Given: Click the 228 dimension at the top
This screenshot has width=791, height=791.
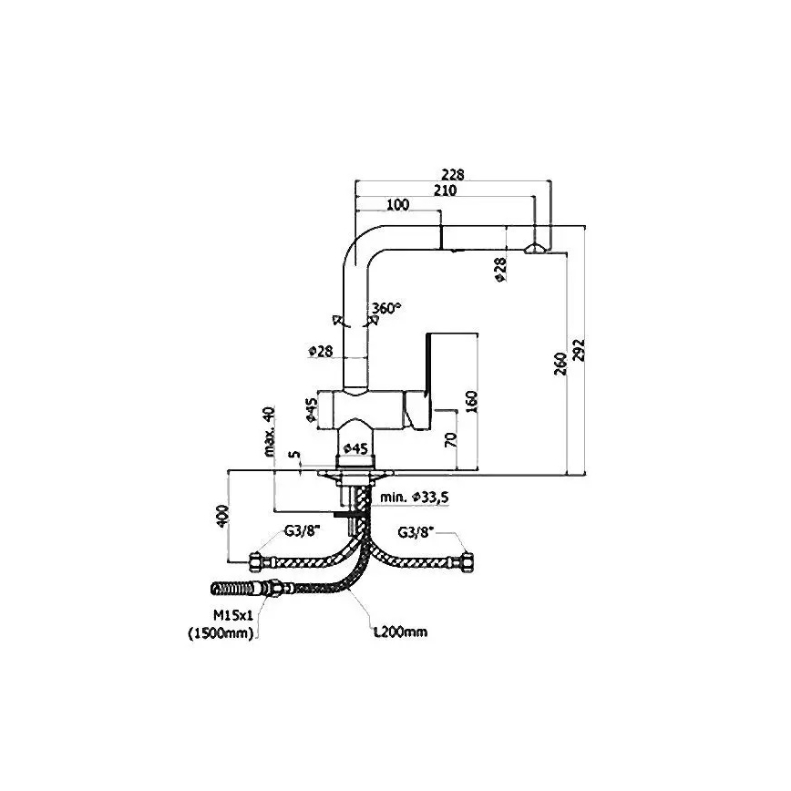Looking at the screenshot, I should (452, 176).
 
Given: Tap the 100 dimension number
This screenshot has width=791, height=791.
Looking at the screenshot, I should (397, 205).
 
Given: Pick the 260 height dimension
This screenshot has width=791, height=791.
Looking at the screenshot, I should (560, 363).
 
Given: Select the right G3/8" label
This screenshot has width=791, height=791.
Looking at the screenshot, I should (416, 532).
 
